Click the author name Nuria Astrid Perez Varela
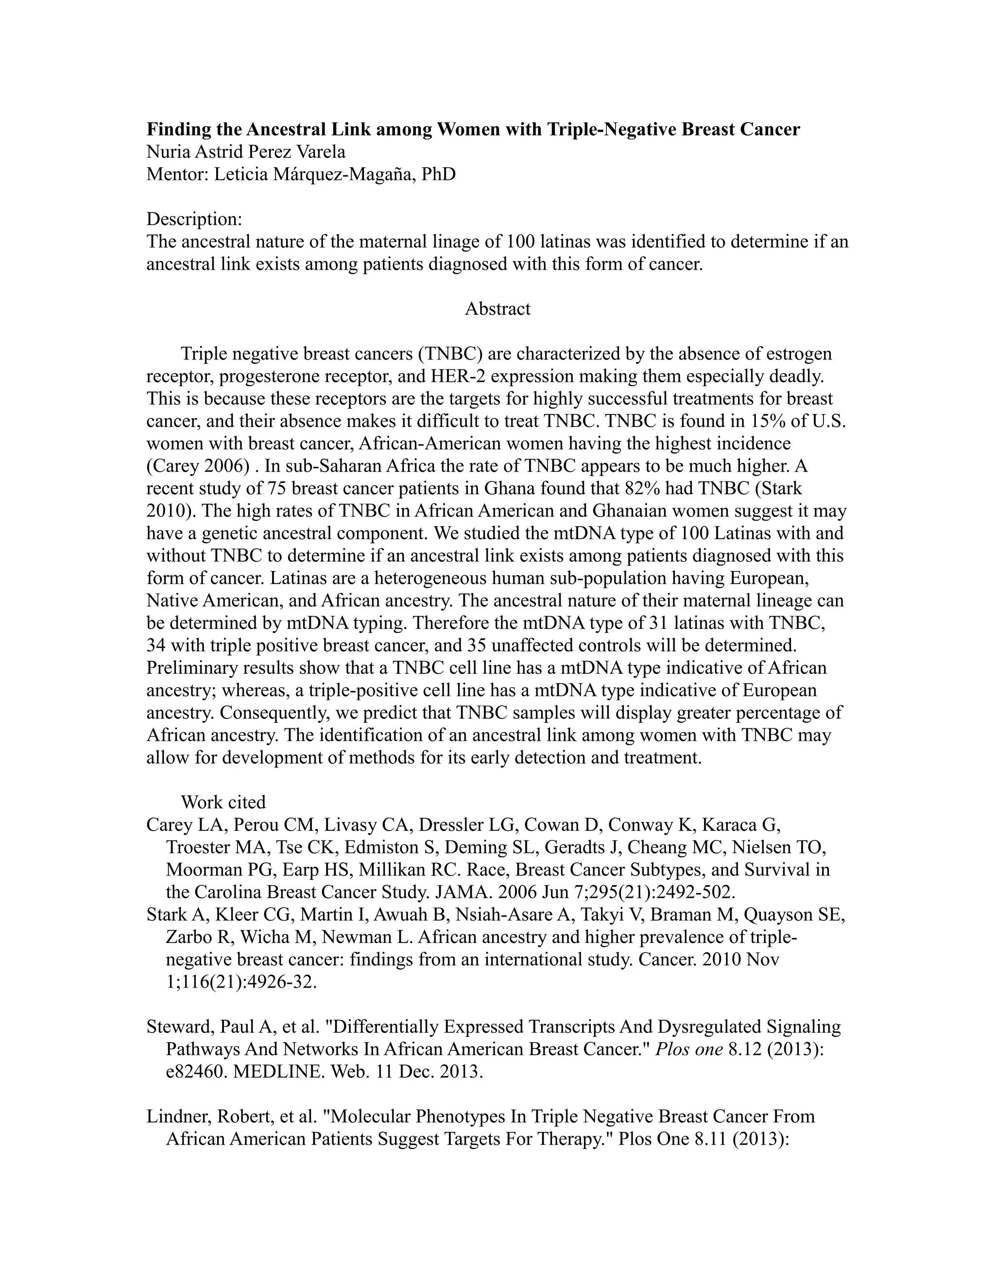click(245, 152)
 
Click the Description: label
click(194, 219)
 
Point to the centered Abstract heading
click(497, 309)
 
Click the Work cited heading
click(223, 802)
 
